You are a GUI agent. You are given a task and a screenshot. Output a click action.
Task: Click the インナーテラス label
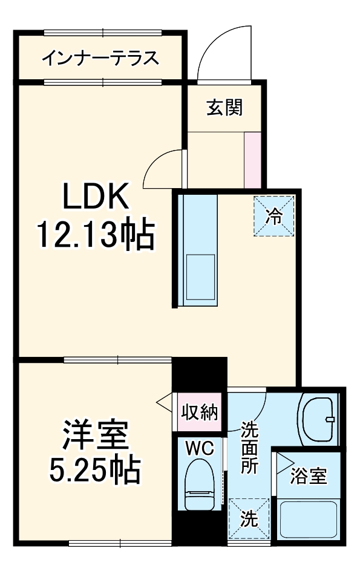100,58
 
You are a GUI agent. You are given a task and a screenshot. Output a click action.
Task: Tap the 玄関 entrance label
225,108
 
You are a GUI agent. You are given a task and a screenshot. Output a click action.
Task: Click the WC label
200,448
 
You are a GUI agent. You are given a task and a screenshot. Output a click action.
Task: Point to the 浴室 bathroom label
309,476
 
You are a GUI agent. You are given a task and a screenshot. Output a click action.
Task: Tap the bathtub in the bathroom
308,520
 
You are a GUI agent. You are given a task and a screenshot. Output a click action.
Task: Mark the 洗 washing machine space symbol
249,518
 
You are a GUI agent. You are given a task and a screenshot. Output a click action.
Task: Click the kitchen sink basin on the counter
200,275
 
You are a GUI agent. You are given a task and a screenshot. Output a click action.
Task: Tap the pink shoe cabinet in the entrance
252,158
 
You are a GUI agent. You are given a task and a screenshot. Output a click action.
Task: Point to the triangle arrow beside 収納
162,402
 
